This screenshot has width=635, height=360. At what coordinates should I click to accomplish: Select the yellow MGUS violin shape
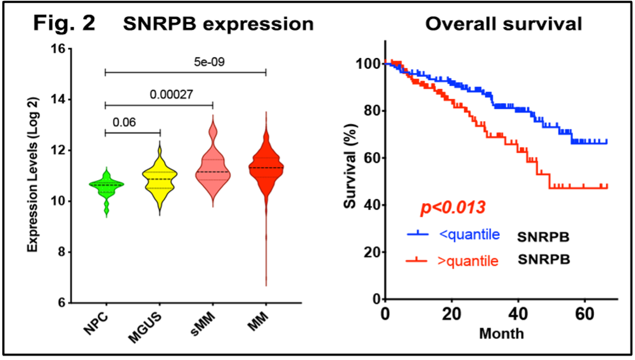point(159,178)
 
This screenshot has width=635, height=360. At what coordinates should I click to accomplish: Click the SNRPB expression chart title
point(218,24)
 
